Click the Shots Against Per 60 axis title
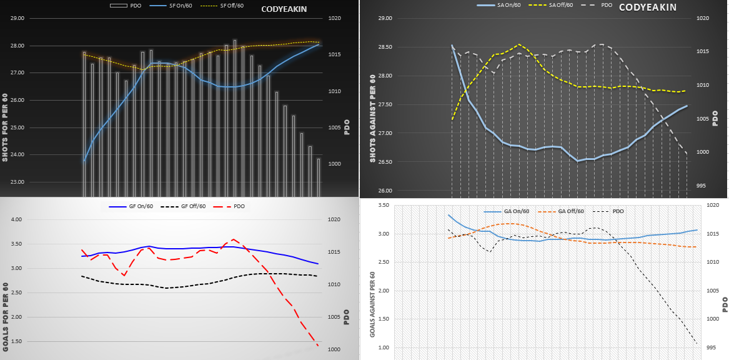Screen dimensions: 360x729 pos(372,119)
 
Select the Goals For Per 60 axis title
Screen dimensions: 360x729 pos(6,316)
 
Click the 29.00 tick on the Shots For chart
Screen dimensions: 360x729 pos(17,19)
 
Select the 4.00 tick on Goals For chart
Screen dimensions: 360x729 pos(17,220)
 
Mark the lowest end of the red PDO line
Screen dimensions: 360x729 pos(318,346)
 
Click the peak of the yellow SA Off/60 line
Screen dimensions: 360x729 pos(519,44)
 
